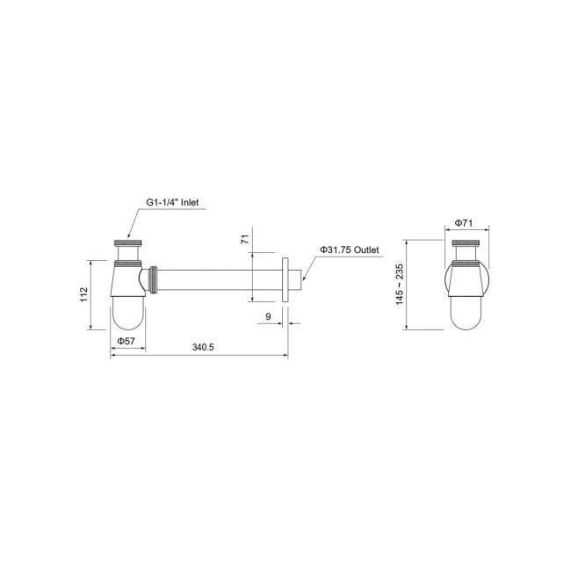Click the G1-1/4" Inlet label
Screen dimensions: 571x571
pos(172,202)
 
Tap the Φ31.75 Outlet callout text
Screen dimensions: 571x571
pos(350,249)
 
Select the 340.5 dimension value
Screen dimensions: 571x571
pos(203,347)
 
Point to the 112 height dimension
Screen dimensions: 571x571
pos(84,294)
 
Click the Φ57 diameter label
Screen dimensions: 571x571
pos(126,341)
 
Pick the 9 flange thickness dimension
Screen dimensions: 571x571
pos(269,316)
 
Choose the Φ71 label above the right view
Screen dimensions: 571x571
pos(464,223)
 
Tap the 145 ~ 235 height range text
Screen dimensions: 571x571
pos(400,285)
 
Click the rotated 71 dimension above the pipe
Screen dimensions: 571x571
pos(245,239)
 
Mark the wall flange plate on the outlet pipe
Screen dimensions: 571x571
pos(285,279)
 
